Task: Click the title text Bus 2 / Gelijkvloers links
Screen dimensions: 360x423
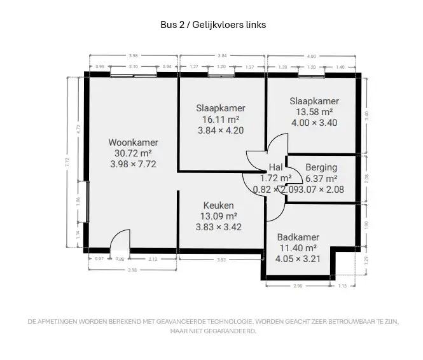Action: (x=212, y=25)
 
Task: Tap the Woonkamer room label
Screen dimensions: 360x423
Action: (x=133, y=142)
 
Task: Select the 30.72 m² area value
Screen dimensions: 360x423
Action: (x=133, y=153)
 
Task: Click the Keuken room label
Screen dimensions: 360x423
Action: (x=218, y=205)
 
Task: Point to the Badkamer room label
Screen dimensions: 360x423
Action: (x=298, y=237)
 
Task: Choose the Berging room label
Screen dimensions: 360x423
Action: (x=321, y=168)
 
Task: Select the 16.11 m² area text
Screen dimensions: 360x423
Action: (x=221, y=119)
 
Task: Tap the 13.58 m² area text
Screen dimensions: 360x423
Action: (x=314, y=112)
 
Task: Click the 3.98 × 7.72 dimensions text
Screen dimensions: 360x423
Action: (x=133, y=164)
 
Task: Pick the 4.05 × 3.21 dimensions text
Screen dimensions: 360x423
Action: (x=298, y=259)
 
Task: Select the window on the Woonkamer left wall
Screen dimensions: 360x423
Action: (x=85, y=202)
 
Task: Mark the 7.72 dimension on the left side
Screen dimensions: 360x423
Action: (x=67, y=162)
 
